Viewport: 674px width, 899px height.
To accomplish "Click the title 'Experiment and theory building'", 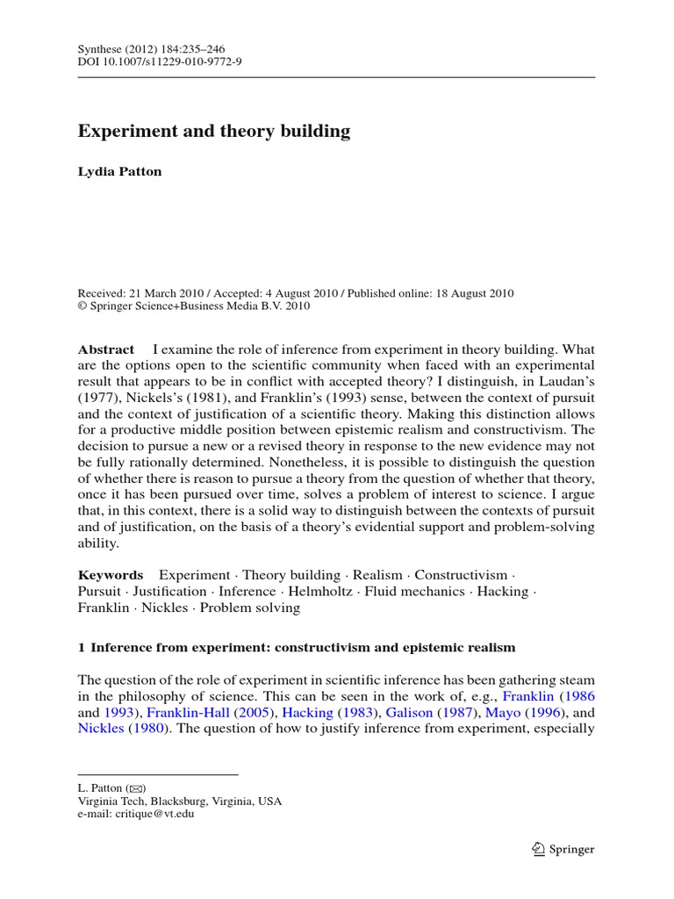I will point(214,132).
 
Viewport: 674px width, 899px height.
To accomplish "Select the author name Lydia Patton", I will point(120,172).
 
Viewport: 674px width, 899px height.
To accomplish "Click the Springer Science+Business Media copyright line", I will point(194,306).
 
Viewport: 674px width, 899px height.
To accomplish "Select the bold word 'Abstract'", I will point(106,349).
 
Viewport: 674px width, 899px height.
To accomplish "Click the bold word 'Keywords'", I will point(110,575).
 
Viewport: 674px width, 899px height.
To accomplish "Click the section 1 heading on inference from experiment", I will point(297,648).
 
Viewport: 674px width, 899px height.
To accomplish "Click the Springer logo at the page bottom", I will point(563,849).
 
